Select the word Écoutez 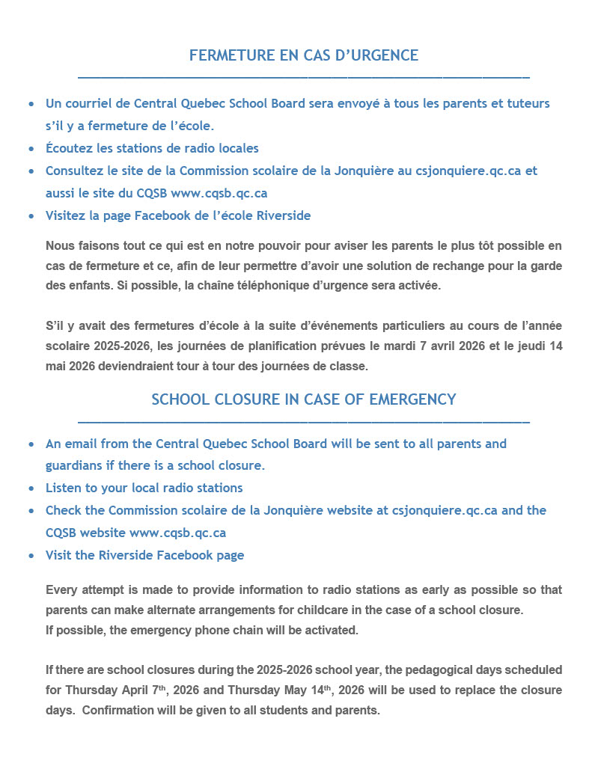coord(70,148)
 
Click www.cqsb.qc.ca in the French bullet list coord(219,193)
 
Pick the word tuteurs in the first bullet coord(528,103)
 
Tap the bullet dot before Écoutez coord(31,149)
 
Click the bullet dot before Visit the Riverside coord(31,556)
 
